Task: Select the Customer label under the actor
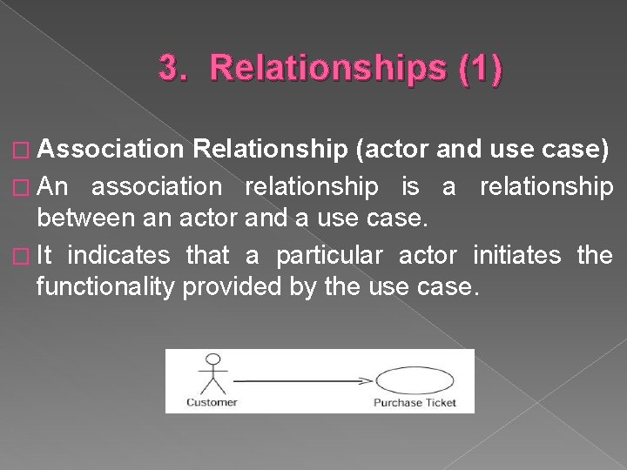pos(211,401)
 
